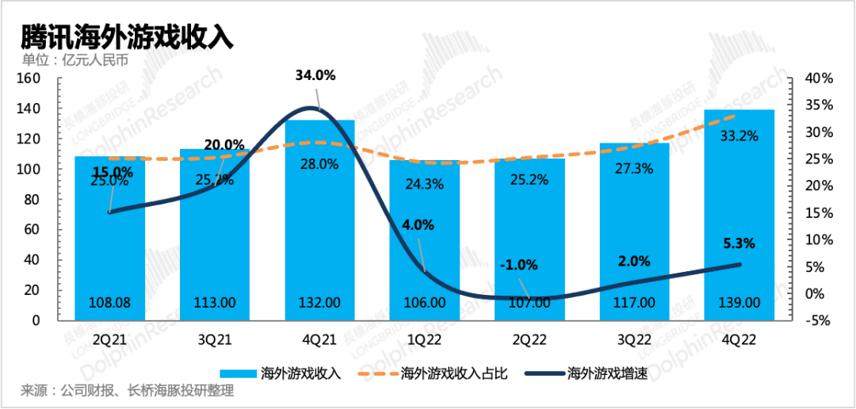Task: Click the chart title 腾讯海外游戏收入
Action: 127,36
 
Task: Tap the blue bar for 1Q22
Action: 424,238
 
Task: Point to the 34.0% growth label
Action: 315,76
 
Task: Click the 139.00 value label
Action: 739,302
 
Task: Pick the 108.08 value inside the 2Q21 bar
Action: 110,302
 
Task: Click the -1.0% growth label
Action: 519,265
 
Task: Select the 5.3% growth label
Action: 739,243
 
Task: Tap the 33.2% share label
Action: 739,136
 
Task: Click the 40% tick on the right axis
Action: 819,78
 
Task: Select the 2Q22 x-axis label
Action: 529,341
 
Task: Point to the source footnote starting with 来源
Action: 128,391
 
